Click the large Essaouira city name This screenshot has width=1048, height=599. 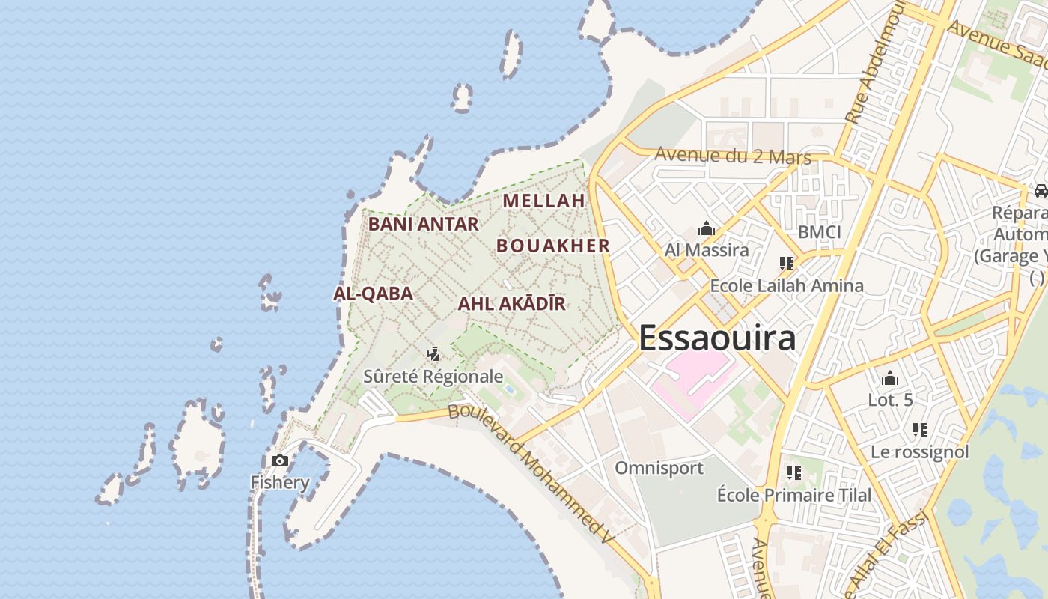717,338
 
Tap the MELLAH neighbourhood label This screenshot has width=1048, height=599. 543,201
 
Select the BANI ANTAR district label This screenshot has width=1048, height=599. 423,224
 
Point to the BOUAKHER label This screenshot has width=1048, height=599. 553,246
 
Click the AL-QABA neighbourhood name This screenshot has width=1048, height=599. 373,294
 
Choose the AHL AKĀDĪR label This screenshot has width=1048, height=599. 511,304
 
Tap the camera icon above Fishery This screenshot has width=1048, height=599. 280,460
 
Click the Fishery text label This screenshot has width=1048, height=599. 280,482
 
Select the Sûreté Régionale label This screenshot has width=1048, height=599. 433,376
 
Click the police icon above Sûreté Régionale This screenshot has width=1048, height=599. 433,353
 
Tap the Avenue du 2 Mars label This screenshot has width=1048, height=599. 733,156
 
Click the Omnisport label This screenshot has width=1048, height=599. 659,468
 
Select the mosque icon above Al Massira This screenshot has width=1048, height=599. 706,228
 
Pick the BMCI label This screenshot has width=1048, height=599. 820,232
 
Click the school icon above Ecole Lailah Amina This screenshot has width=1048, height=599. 786,263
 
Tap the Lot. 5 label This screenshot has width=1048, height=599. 890,400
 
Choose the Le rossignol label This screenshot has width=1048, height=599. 919,451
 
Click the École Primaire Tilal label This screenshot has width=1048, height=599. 794,495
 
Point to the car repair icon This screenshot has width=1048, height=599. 1041,191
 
